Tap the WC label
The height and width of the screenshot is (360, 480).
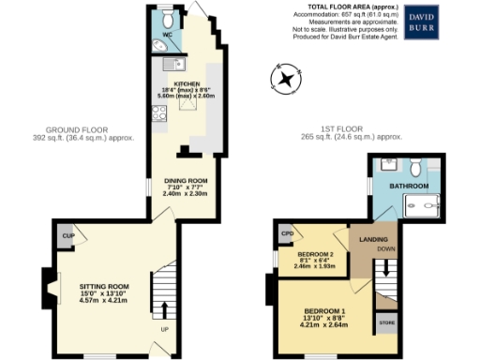point(168,37)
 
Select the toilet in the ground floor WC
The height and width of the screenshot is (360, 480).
point(167,18)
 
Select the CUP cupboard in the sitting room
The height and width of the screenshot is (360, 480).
point(67,236)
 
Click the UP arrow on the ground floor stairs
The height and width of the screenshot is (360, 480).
point(165,311)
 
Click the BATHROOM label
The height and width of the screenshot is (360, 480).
point(410,187)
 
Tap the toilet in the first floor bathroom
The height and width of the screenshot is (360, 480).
point(415,167)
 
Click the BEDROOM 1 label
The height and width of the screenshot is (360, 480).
point(324,311)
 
